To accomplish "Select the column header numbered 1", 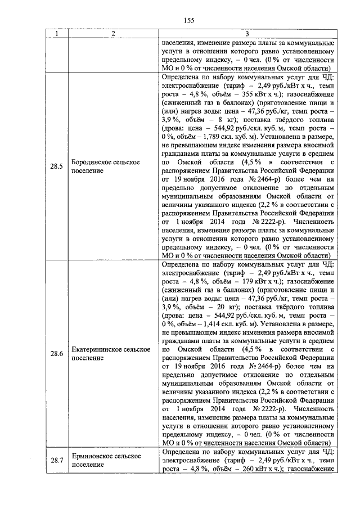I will [56, 34].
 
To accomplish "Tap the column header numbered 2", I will [113, 34].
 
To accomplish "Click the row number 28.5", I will [56, 165].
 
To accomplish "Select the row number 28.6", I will [56, 354].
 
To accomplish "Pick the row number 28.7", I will [56, 461].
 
